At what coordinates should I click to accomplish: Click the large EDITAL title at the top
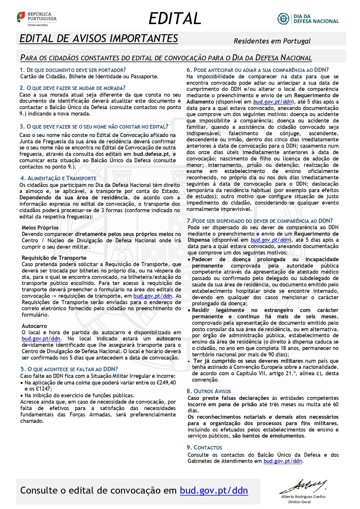(175, 18)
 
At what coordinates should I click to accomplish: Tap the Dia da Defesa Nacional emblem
(283, 19)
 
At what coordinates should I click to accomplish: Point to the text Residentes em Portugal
(272, 41)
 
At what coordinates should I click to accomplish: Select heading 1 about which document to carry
(73, 70)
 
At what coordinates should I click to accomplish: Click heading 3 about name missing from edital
(94, 127)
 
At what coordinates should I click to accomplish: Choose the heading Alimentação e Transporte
(58, 178)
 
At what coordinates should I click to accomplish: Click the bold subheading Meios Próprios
(40, 228)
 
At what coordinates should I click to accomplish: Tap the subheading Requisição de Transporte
(54, 258)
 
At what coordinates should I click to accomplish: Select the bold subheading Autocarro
(34, 326)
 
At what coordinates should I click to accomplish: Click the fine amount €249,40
(166, 382)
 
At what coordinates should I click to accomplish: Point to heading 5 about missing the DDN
(69, 369)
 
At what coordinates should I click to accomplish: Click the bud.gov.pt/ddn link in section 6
(272, 102)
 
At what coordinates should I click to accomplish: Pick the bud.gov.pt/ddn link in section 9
(283, 461)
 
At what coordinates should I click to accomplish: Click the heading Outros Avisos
(209, 391)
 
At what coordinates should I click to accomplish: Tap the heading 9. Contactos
(204, 447)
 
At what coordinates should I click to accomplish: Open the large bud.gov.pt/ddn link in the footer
(214, 490)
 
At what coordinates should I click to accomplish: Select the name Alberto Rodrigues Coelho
(303, 497)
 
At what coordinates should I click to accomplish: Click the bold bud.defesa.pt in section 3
(151, 154)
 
